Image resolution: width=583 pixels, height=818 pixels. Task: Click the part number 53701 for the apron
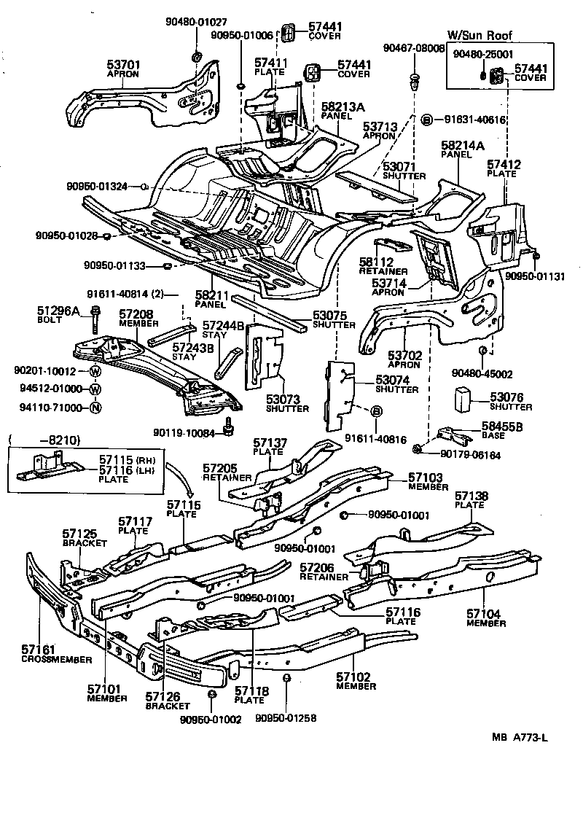(x=123, y=65)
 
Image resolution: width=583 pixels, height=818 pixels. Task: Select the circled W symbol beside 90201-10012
(x=95, y=371)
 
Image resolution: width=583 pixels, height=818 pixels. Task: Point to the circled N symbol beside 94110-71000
(x=95, y=407)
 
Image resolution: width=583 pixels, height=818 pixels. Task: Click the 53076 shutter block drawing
(x=462, y=400)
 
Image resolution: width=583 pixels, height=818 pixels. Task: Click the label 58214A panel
(x=461, y=146)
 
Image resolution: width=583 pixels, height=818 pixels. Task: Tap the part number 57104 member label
(x=485, y=615)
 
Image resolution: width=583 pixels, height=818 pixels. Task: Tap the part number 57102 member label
(x=356, y=677)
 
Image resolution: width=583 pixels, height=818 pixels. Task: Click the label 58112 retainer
(x=376, y=261)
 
